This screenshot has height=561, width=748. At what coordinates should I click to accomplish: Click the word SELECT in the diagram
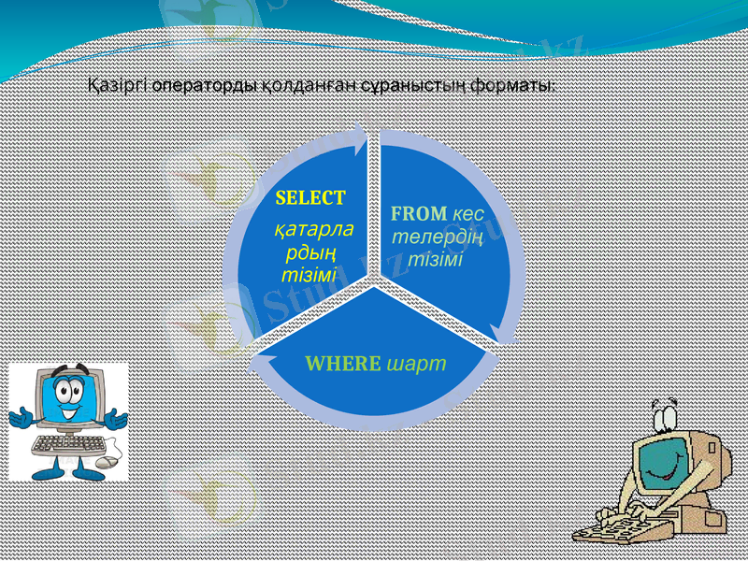[310, 198]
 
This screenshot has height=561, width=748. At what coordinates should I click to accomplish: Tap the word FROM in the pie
[418, 214]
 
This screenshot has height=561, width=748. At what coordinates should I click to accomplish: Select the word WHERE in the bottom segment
[343, 363]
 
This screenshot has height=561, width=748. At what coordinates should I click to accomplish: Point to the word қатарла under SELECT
[312, 229]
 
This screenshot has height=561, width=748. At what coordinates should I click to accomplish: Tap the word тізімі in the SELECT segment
[309, 275]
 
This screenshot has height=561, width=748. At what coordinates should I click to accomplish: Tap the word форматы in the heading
[511, 86]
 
